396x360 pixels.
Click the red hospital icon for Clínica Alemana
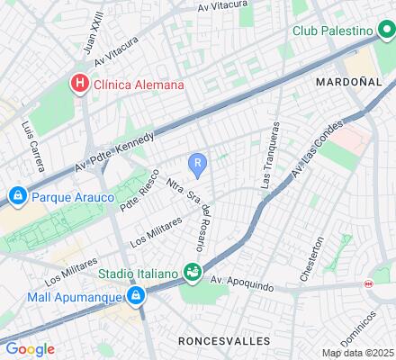(80, 85)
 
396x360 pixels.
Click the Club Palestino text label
(334, 31)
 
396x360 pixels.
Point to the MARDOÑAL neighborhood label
(349, 81)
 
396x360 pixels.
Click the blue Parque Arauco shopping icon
(17, 195)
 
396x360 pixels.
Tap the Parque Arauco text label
(72, 195)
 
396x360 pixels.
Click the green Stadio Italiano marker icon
(192, 271)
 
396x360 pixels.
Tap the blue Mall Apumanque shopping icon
(135, 294)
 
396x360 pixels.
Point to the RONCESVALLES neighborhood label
(223, 341)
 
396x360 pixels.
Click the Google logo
(30, 349)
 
